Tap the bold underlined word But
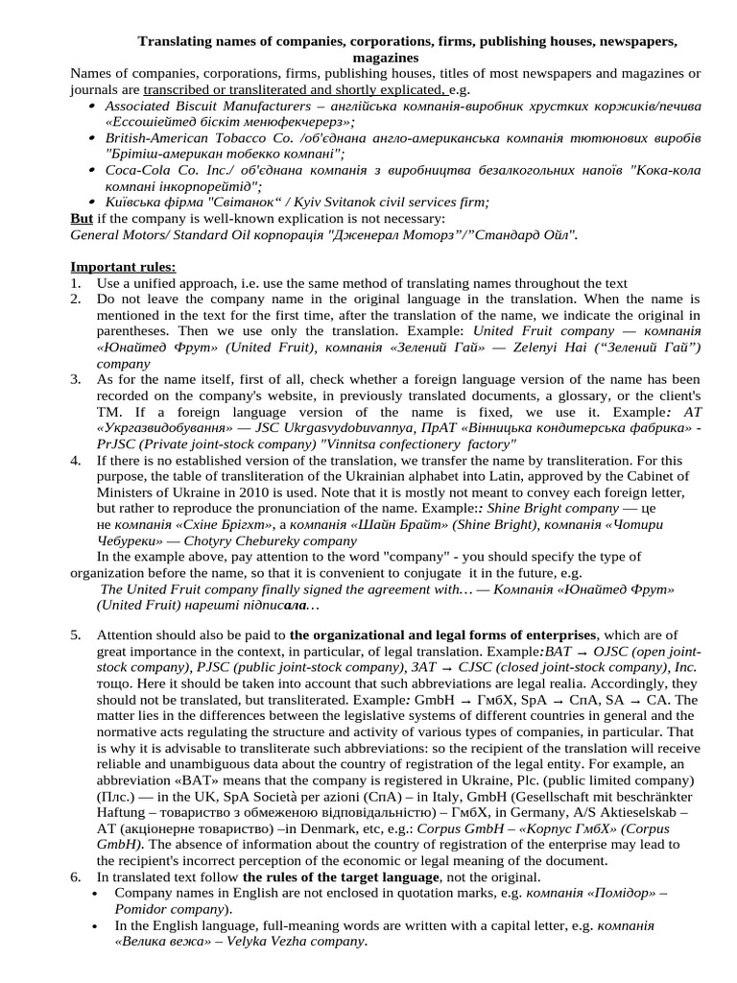tap(82, 218)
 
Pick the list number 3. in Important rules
tap(76, 380)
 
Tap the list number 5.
tap(76, 635)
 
